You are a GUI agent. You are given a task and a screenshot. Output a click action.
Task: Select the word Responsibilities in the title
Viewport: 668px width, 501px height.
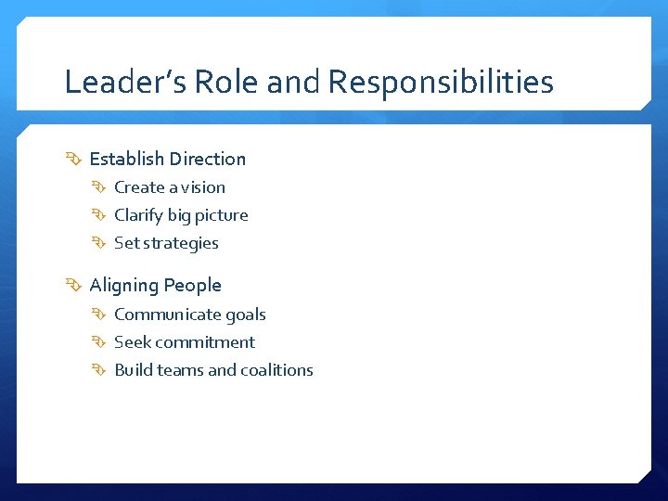coord(441,83)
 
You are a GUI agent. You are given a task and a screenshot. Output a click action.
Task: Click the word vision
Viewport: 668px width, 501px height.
coord(203,187)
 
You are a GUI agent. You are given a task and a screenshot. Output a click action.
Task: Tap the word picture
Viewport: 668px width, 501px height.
coord(221,215)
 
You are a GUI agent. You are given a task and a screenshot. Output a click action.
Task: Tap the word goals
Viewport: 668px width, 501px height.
coord(245,315)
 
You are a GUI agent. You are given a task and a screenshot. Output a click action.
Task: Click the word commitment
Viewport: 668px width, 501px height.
coord(205,342)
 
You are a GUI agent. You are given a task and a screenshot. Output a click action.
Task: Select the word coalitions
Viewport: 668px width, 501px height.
coord(276,370)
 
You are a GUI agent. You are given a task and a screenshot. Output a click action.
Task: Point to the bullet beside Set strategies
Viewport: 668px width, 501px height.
coord(100,244)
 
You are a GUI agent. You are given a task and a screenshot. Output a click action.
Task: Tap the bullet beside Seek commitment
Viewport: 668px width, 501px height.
coord(100,343)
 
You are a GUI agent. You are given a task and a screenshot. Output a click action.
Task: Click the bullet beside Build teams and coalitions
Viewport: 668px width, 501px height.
coord(100,371)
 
